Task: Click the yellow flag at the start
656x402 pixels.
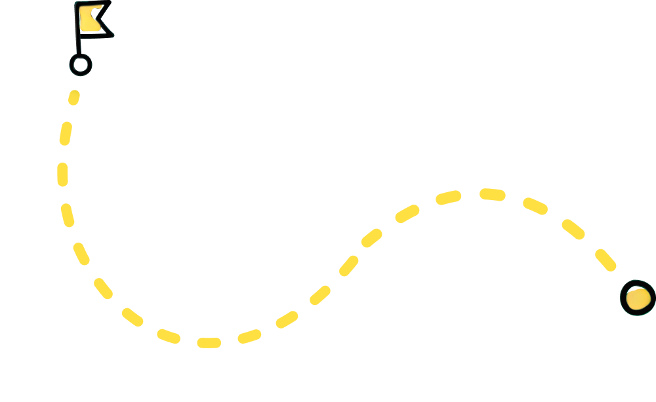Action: (x=91, y=18)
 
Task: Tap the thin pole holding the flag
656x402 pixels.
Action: (x=78, y=43)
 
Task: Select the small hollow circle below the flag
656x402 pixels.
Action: (x=80, y=64)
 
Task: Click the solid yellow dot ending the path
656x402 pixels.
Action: (x=638, y=298)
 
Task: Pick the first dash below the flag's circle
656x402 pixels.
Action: (x=74, y=98)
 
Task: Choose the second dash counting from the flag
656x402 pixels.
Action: (x=66, y=133)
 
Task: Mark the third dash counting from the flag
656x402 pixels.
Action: (x=62, y=174)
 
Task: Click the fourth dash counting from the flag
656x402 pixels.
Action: (x=68, y=215)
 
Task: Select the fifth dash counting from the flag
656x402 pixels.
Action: (x=81, y=254)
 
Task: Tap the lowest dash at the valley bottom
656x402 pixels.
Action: (x=209, y=342)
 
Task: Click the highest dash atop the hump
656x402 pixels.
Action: (x=492, y=194)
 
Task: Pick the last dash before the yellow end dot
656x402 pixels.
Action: (x=605, y=260)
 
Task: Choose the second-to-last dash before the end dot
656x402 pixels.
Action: (x=573, y=229)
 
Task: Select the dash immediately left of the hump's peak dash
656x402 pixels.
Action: (x=449, y=197)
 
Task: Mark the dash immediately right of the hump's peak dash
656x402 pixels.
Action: (x=535, y=206)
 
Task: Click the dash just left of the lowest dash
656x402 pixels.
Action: (x=169, y=336)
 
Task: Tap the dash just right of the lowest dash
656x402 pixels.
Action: (x=249, y=336)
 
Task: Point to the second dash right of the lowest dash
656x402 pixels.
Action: (x=287, y=319)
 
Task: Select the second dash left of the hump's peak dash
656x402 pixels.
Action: (x=407, y=213)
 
